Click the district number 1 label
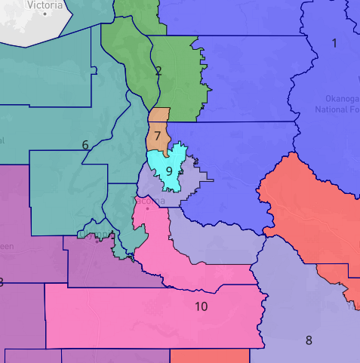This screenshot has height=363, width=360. pos(334,43)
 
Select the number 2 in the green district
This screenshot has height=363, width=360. pos(158,72)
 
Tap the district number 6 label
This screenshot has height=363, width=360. pos(85,145)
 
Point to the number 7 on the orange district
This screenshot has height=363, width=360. pos(157,137)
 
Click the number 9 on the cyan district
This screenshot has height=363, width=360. pos(169,171)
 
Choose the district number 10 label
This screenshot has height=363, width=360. pos(201,306)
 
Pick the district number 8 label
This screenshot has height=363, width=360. pos(308,340)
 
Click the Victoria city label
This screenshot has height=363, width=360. pos(44,5)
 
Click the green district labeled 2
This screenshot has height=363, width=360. pos(177,83)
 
